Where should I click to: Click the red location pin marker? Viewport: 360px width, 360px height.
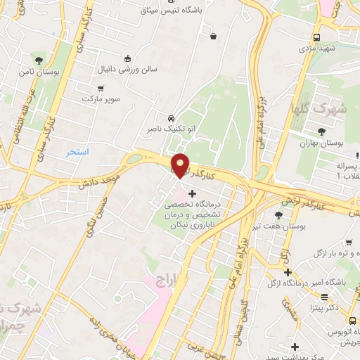tap(181, 165)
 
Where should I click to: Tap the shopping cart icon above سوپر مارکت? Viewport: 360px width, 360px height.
tap(101, 89)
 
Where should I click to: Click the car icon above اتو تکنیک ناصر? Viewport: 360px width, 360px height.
tap(172, 117)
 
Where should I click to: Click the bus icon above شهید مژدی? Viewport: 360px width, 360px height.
tap(316, 37)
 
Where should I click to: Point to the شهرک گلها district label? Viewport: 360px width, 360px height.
tap(319, 109)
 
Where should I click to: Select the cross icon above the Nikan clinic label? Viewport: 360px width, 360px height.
tap(193, 193)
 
